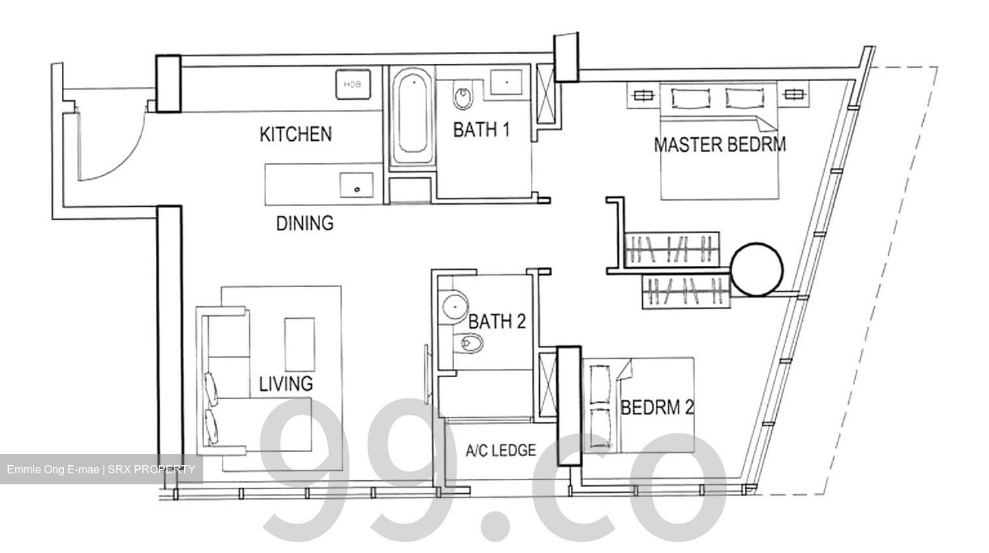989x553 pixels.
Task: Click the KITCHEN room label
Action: pyautogui.click(x=296, y=134)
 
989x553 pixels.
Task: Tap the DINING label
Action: pyautogui.click(x=305, y=223)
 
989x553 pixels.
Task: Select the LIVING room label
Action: pyautogui.click(x=286, y=383)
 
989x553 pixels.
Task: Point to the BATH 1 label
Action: pyautogui.click(x=481, y=130)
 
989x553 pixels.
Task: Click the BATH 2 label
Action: pyautogui.click(x=497, y=321)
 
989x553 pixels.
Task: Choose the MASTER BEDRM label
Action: pyautogui.click(x=720, y=144)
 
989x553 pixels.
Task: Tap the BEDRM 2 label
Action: pyautogui.click(x=657, y=407)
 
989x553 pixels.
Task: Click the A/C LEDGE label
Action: pyautogui.click(x=501, y=450)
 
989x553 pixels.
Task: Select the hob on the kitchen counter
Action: pyautogui.click(x=353, y=84)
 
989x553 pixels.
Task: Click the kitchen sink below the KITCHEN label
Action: pyautogui.click(x=356, y=185)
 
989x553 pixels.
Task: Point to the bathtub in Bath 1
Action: pyautogui.click(x=412, y=116)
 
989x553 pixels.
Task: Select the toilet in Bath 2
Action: pyautogui.click(x=467, y=343)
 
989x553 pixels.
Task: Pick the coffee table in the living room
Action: pyautogui.click(x=299, y=345)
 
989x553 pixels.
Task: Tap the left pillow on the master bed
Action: pyautogui.click(x=691, y=98)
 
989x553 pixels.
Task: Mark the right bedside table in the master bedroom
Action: pyautogui.click(x=793, y=94)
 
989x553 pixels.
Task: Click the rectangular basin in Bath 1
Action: pyautogui.click(x=506, y=82)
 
